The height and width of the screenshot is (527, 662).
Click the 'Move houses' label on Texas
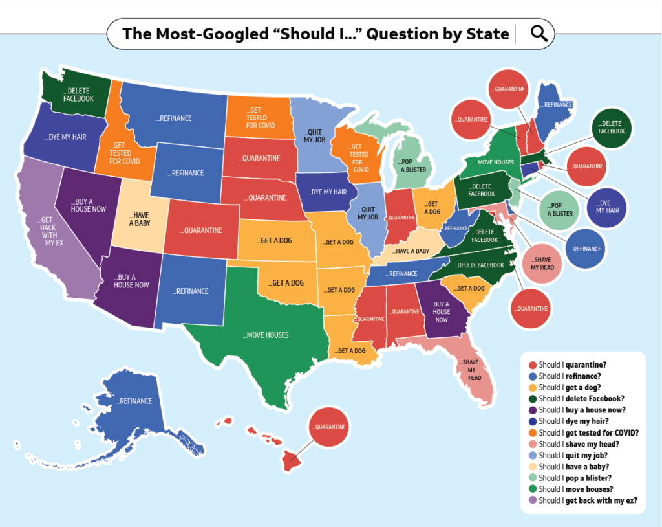pos(266,335)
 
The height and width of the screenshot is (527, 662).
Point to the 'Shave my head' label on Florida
pos(475,370)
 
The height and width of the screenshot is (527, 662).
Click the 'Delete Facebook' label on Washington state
pos(78,95)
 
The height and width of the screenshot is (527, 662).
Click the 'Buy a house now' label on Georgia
pos(442,311)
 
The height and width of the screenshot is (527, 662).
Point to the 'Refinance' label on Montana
pos(173,118)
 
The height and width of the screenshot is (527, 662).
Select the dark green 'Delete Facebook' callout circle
pos(611,127)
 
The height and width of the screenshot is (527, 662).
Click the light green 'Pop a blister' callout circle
pos(560,209)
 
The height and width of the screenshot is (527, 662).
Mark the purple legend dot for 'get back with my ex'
pos(532,500)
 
